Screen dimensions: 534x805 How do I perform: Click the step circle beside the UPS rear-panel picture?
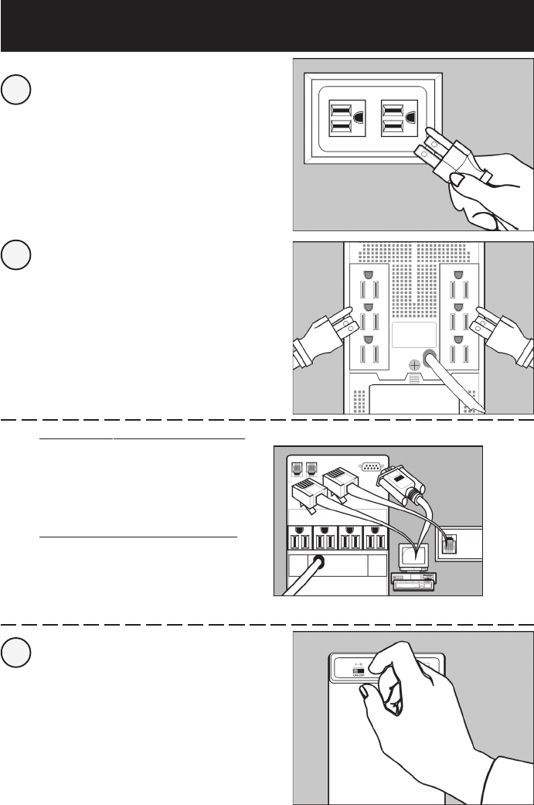click(15, 256)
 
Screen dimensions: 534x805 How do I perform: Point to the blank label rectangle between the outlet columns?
click(413, 334)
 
